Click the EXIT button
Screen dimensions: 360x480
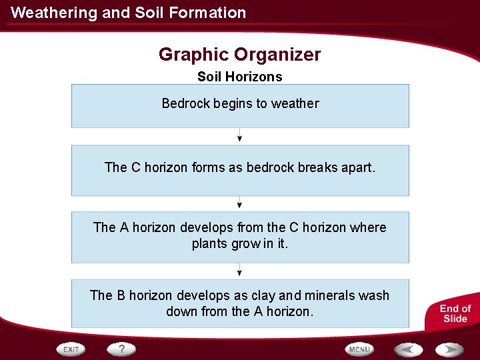click(x=71, y=349)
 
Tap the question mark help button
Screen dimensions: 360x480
click(x=122, y=349)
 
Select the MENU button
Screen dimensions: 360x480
click(x=359, y=349)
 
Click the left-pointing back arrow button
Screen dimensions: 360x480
click(x=408, y=349)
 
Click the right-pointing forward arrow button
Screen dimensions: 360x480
click(x=449, y=349)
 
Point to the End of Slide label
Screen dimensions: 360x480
click(x=455, y=313)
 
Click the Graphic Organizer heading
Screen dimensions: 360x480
click(x=240, y=55)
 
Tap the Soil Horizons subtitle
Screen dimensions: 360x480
click(x=240, y=77)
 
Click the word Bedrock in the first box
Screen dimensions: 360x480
click(x=186, y=103)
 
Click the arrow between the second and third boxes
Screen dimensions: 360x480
click(x=240, y=203)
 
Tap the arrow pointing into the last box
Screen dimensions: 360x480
click(x=240, y=270)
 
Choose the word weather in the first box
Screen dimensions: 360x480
click(x=295, y=103)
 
